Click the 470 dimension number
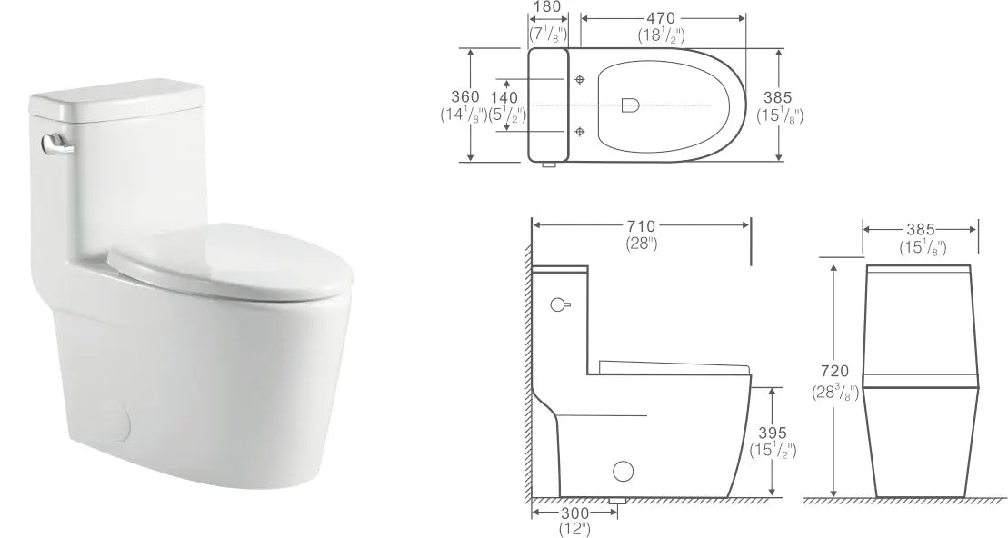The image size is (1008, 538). (660, 16)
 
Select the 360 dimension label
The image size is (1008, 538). (465, 97)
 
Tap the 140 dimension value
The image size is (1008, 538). (504, 97)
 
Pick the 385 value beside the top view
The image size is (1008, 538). (779, 97)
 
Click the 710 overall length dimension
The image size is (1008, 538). (641, 225)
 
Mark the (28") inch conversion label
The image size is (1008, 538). (641, 244)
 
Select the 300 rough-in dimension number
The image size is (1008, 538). (574, 513)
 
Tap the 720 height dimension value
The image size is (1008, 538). (833, 371)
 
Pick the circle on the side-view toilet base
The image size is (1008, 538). (624, 471)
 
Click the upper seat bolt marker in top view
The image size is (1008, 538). (580, 80)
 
